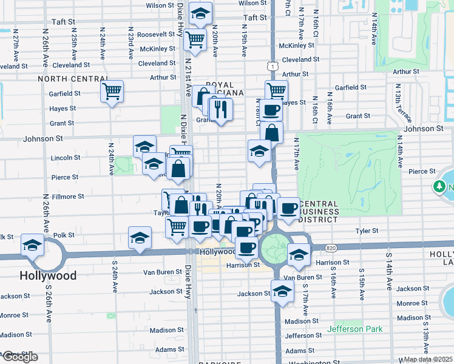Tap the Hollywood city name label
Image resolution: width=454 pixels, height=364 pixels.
pos(49,275)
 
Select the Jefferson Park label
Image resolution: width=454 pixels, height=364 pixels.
pos(355,329)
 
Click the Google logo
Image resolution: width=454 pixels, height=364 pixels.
pos(19,357)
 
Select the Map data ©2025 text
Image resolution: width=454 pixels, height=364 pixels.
pos(428,359)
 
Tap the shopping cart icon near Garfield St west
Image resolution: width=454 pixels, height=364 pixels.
pos(112,91)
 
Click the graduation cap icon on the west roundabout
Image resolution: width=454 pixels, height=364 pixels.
pos(32,244)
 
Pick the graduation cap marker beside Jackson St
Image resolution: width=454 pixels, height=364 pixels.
pos(282,291)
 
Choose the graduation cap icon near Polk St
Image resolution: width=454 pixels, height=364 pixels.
pos(140,237)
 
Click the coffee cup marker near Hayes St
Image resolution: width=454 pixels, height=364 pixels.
pos(271,110)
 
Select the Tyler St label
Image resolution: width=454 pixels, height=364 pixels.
pos(367,231)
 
